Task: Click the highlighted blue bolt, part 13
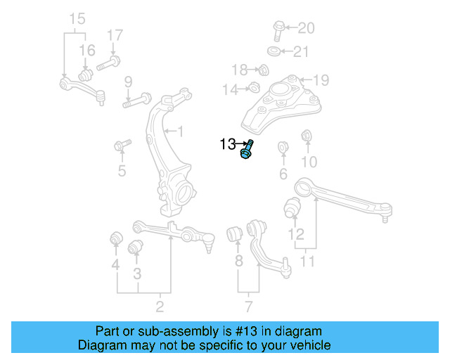tap(247, 150)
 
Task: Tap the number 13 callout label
tap(227, 145)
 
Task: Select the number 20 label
tap(307, 29)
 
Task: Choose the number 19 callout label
tap(321, 79)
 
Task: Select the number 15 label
tap(77, 18)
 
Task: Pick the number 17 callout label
tap(115, 34)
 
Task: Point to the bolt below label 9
tap(137, 100)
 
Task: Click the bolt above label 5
tap(122, 146)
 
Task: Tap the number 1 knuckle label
tap(180, 131)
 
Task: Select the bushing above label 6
tap(283, 148)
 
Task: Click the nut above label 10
tap(307, 136)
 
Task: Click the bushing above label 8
tap(236, 233)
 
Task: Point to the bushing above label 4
tap(115, 239)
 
